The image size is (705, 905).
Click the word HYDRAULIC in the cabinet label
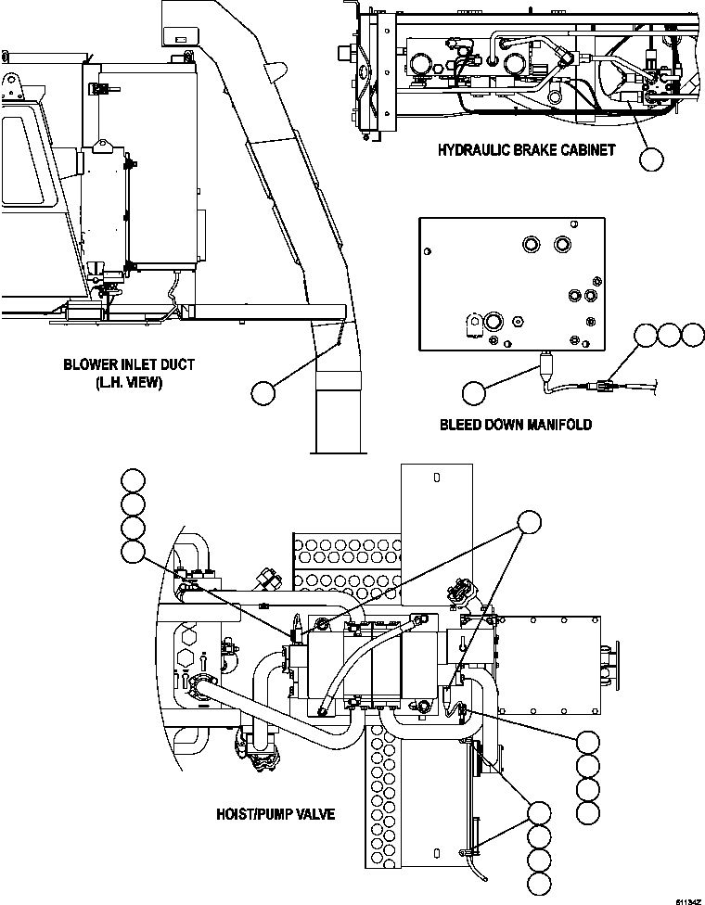[475, 150]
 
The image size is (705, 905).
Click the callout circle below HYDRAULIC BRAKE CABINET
[652, 159]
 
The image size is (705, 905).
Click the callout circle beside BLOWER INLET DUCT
[263, 393]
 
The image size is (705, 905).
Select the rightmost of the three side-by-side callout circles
[692, 335]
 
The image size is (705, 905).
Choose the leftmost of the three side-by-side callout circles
[646, 335]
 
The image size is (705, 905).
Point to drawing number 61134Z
[686, 899]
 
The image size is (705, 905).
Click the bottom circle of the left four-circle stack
[134, 554]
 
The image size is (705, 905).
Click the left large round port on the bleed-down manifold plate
[532, 244]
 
